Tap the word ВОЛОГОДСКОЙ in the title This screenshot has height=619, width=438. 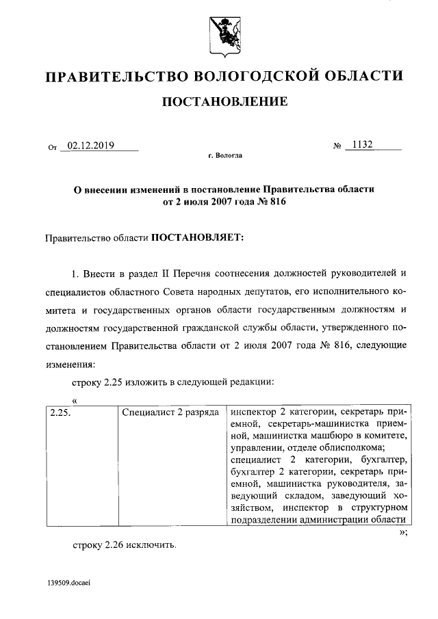click(x=234, y=75)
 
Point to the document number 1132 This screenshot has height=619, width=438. click(x=362, y=145)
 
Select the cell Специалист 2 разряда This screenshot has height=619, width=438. click(x=170, y=412)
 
